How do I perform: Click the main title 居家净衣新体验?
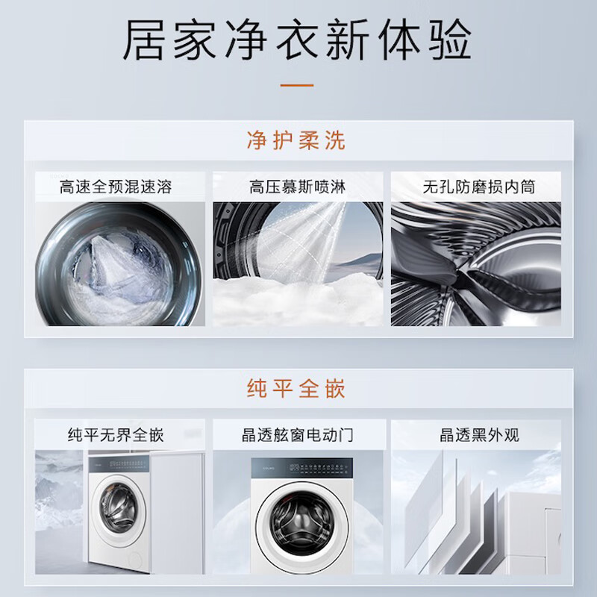click(297, 40)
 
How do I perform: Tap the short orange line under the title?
click(297, 85)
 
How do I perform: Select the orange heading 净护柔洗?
click(296, 140)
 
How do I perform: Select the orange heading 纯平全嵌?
click(296, 388)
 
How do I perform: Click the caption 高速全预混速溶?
click(116, 187)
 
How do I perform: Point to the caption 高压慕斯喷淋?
click(297, 187)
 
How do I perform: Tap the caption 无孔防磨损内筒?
click(479, 187)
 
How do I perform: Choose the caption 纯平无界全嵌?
click(116, 435)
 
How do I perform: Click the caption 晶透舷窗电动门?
click(297, 435)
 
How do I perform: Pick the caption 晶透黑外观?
click(479, 435)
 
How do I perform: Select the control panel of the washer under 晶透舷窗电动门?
click(302, 468)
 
